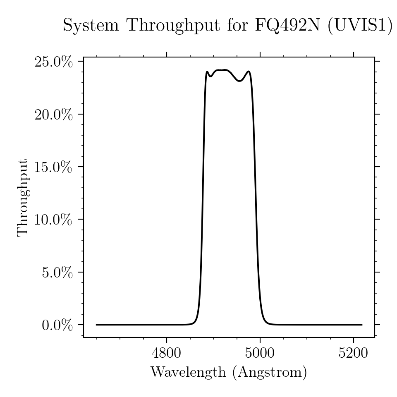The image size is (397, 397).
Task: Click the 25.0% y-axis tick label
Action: pyautogui.click(x=53, y=62)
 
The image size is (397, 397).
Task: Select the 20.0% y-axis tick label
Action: pyautogui.click(x=53, y=115)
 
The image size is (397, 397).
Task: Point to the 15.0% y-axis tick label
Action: pyautogui.click(x=53, y=167)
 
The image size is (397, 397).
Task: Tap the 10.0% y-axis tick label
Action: pyautogui.click(x=53, y=220)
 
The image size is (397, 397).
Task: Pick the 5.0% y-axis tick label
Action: pyautogui.click(x=57, y=273)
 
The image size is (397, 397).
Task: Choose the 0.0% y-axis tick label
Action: pyautogui.click(x=57, y=325)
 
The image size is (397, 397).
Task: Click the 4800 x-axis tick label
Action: pyautogui.click(x=166, y=353)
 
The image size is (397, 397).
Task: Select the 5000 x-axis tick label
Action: pyautogui.click(x=260, y=353)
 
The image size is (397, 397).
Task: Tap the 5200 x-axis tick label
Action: pyautogui.click(x=353, y=353)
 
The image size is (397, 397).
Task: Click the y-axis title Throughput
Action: pyautogui.click(x=23, y=198)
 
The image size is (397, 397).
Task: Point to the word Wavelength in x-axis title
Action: pyautogui.click(x=188, y=372)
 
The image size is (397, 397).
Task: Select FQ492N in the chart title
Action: pyautogui.click(x=288, y=26)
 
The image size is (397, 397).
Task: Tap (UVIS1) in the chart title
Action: pyautogui.click(x=360, y=26)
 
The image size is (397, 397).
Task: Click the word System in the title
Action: pyautogui.click(x=91, y=26)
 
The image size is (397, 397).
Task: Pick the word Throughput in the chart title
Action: pyautogui.click(x=174, y=26)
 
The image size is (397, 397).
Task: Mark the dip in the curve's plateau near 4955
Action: pyautogui.click(x=240, y=81)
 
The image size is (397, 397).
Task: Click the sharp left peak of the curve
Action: pyautogui.click(x=207, y=72)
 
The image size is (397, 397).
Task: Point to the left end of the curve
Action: pyautogui.click(x=96, y=325)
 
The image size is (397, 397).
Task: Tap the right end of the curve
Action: pyautogui.click(x=362, y=325)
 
